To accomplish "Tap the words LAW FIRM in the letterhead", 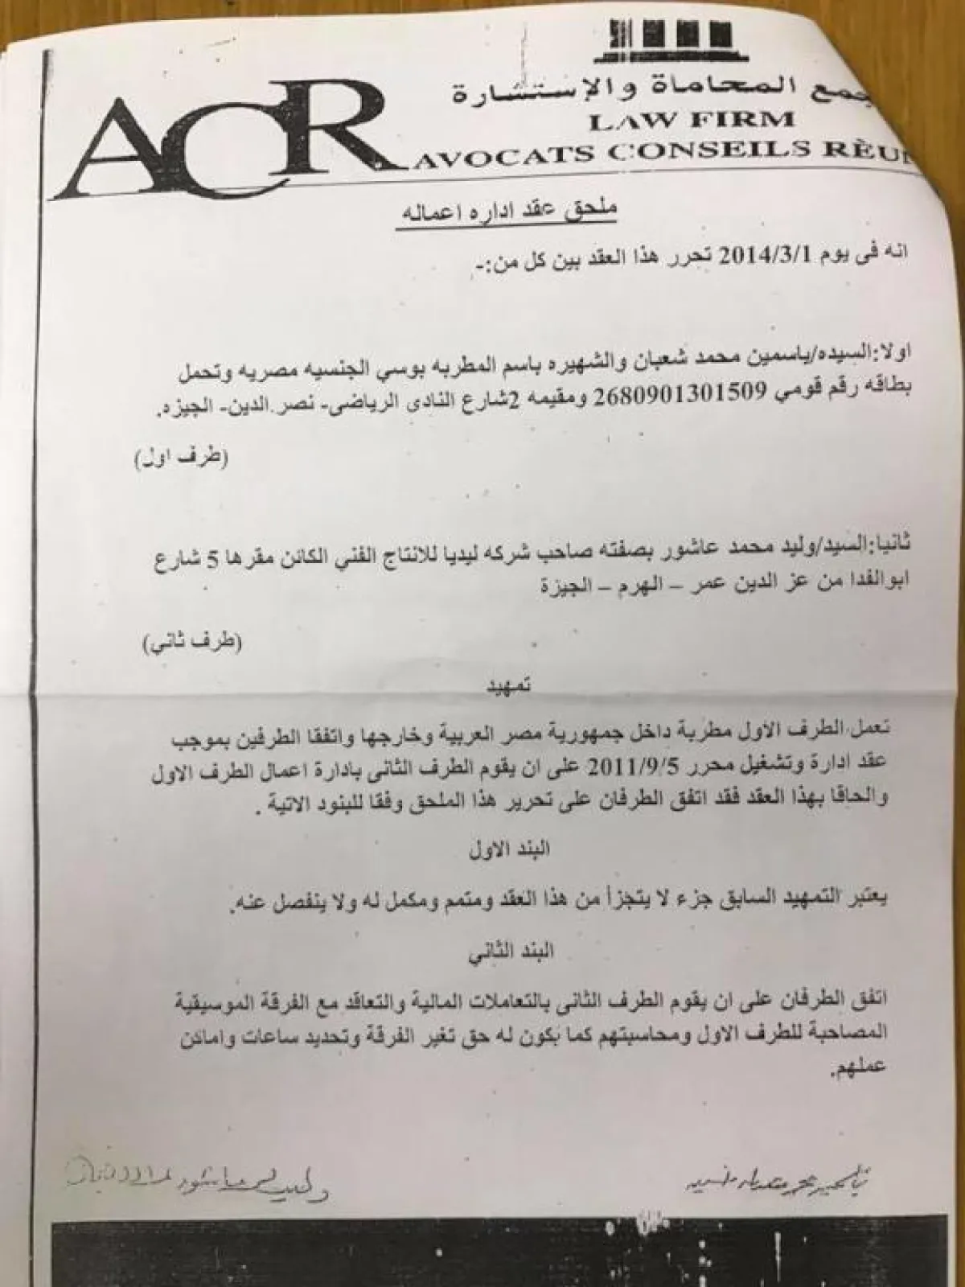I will point(692,121).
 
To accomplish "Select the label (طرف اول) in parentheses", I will point(182,461).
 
